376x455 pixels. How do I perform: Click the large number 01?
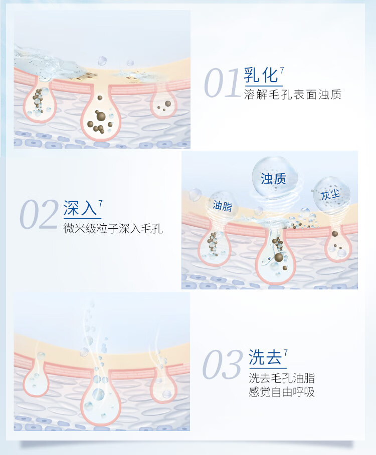pyautogui.click(x=222, y=83)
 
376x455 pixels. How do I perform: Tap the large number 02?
pyautogui.click(x=39, y=214)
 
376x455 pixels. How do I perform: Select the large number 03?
pyautogui.click(x=222, y=364)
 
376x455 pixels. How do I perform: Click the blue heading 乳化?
pyautogui.click(x=261, y=76)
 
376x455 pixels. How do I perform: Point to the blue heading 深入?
pyautogui.click(x=80, y=208)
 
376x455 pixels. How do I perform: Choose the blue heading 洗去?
pyautogui.click(x=265, y=357)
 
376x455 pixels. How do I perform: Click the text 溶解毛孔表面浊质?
pyautogui.click(x=293, y=95)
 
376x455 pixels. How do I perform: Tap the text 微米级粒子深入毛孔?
pyautogui.click(x=113, y=229)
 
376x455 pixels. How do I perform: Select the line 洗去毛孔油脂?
pyautogui.click(x=282, y=378)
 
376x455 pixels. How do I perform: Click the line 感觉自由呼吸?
pyautogui.click(x=282, y=392)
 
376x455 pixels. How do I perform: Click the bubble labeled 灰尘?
pyautogui.click(x=331, y=194)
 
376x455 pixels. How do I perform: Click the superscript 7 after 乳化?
pyautogui.click(x=282, y=71)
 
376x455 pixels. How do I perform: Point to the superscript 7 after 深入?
pyautogui.click(x=100, y=203)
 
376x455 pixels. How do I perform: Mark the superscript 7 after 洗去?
pyautogui.click(x=286, y=352)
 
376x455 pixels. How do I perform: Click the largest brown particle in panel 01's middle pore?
pyautogui.click(x=101, y=116)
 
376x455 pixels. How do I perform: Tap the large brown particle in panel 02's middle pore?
pyautogui.click(x=279, y=257)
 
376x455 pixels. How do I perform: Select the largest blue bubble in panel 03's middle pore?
pyautogui.click(x=98, y=394)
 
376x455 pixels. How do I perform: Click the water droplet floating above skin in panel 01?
pyautogui.click(x=102, y=61)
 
